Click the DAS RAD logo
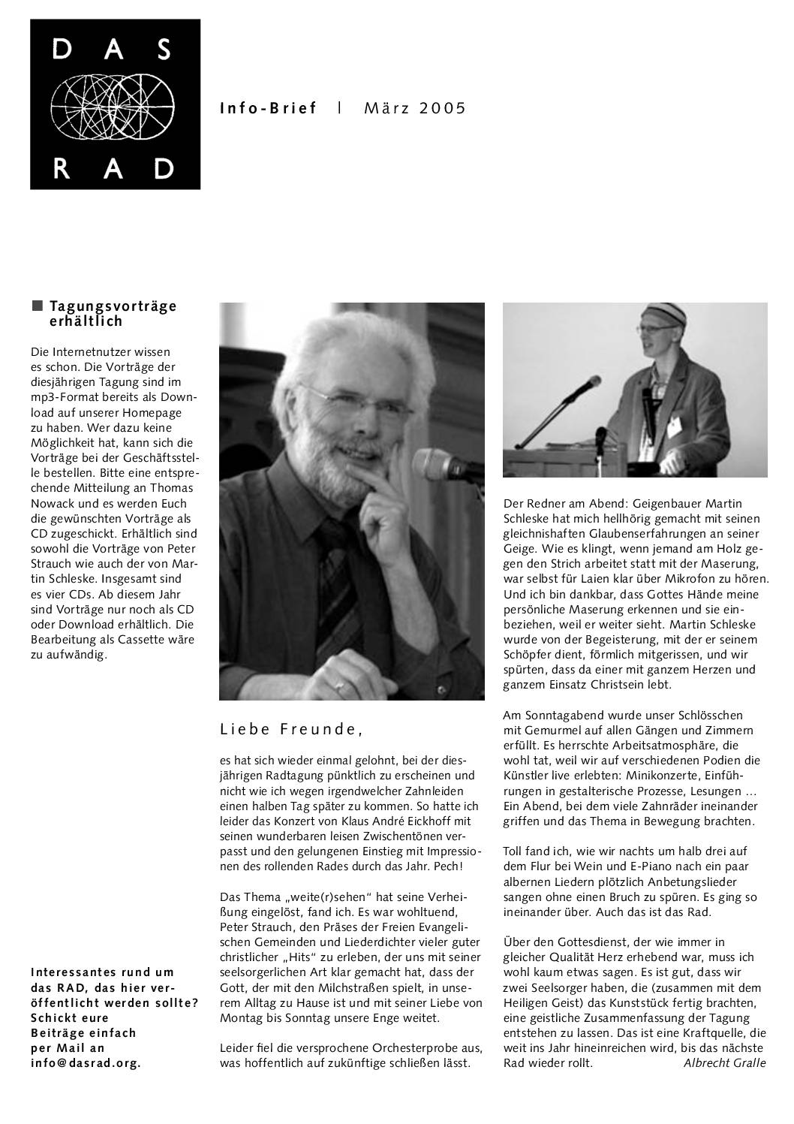tap(115, 104)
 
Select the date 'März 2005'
tap(415, 108)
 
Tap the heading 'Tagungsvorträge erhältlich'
tap(113, 314)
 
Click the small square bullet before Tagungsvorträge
tap(37, 306)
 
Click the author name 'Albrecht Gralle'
tap(724, 1062)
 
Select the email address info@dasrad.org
tap(86, 1062)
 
